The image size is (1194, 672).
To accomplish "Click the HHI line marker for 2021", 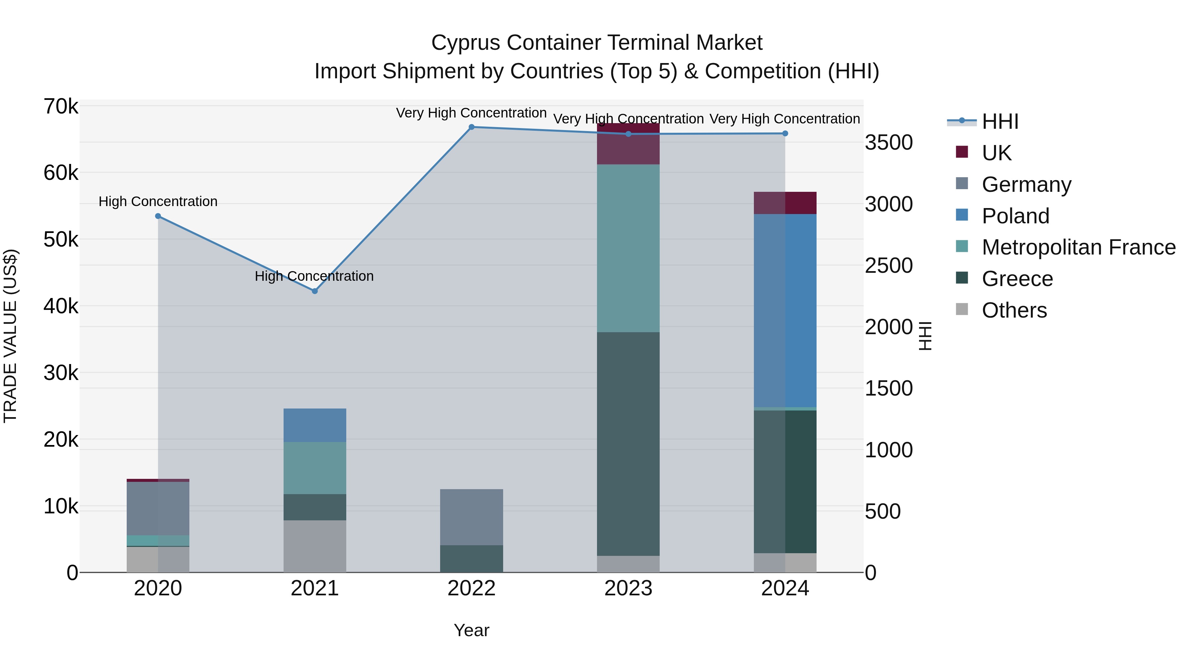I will pyautogui.click(x=315, y=291).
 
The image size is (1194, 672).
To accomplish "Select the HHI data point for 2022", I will pyautogui.click(x=471, y=127).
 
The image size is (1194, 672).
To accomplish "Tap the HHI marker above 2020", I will pyautogui.click(x=158, y=216).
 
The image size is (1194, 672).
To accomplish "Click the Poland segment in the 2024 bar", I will pyautogui.click(x=785, y=311).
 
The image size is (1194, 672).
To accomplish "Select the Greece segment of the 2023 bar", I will pyautogui.click(x=628, y=444).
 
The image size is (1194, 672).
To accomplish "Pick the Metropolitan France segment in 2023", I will pyautogui.click(x=628, y=248).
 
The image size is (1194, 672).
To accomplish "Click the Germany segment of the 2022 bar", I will pyautogui.click(x=471, y=517).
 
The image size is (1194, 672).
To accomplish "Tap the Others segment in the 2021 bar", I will pyautogui.click(x=315, y=546).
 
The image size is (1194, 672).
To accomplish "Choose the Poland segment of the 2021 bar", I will pyautogui.click(x=315, y=425).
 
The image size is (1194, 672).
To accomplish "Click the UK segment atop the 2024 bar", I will pyautogui.click(x=785, y=203).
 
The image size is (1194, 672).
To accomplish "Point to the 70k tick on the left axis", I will pyautogui.click(x=61, y=107).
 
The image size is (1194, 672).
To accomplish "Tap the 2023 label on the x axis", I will pyautogui.click(x=628, y=588).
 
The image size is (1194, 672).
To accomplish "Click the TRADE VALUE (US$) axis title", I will pyautogui.click(x=10, y=336).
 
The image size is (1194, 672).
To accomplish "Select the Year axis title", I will pyautogui.click(x=471, y=630).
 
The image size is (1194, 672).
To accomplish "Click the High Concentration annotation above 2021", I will pyautogui.click(x=314, y=276).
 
